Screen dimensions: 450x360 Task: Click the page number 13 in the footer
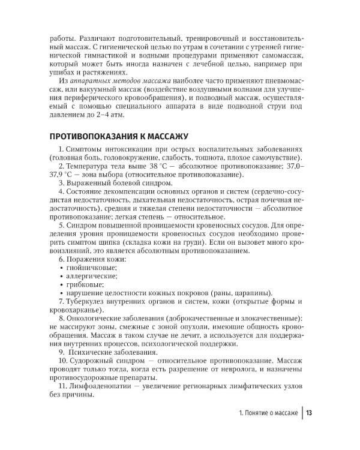(309, 413)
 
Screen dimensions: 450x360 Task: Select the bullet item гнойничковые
(88, 267)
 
